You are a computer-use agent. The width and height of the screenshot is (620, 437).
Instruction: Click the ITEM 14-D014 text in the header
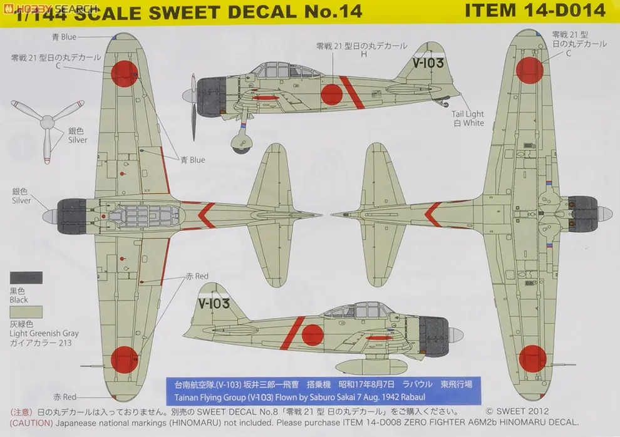point(536,10)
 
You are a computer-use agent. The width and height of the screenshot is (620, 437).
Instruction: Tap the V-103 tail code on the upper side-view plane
point(428,63)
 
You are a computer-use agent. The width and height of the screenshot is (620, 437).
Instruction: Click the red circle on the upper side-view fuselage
point(331,95)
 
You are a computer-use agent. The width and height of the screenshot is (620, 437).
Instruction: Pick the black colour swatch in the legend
point(26,277)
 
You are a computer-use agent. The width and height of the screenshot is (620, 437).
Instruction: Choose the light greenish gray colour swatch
point(26,312)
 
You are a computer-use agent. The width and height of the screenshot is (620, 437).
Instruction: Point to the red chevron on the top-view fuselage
point(207,213)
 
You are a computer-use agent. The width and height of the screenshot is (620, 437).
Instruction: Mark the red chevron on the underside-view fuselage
point(432,214)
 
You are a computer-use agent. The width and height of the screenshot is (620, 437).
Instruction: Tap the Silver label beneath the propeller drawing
point(78,140)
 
